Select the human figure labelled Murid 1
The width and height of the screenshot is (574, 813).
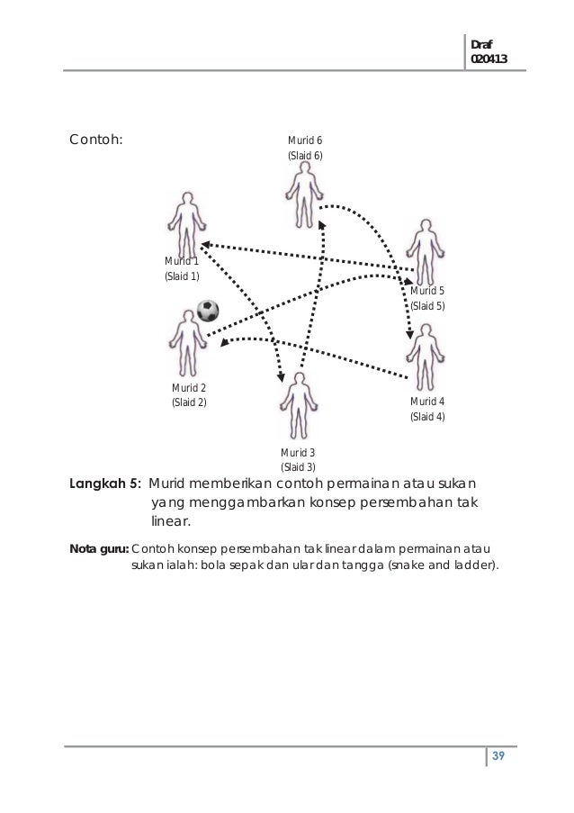click(x=187, y=224)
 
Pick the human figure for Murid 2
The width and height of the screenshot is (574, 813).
click(x=187, y=342)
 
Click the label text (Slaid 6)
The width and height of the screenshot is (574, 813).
click(x=304, y=156)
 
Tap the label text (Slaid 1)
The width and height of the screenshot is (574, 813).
click(x=182, y=276)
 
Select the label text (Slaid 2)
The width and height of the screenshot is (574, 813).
click(x=189, y=402)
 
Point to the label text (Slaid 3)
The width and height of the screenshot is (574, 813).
click(x=298, y=467)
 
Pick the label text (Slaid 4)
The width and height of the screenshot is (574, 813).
click(x=427, y=417)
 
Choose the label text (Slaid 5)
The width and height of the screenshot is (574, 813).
click(x=427, y=307)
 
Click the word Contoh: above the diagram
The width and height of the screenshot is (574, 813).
click(x=96, y=140)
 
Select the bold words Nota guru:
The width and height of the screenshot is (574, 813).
click(x=99, y=548)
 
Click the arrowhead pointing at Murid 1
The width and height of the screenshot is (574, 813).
click(x=204, y=243)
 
